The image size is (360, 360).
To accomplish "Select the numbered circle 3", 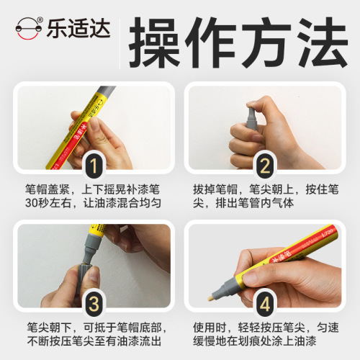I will pyautogui.click(x=93, y=300).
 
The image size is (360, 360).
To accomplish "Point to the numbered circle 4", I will pyautogui.click(x=266, y=300).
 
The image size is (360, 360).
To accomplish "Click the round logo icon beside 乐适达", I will pyautogui.click(x=30, y=30).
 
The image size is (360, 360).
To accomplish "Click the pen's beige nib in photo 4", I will pyautogui.click(x=211, y=297).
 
